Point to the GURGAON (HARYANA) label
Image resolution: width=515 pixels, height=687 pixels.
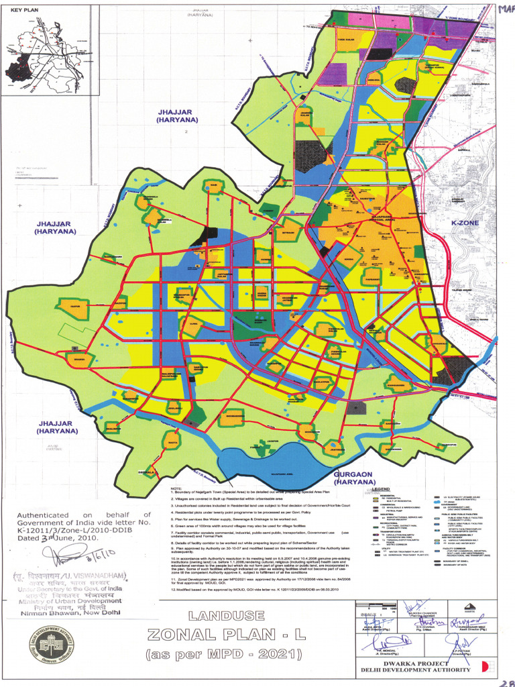354,478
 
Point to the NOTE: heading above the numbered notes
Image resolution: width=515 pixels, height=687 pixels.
176,488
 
